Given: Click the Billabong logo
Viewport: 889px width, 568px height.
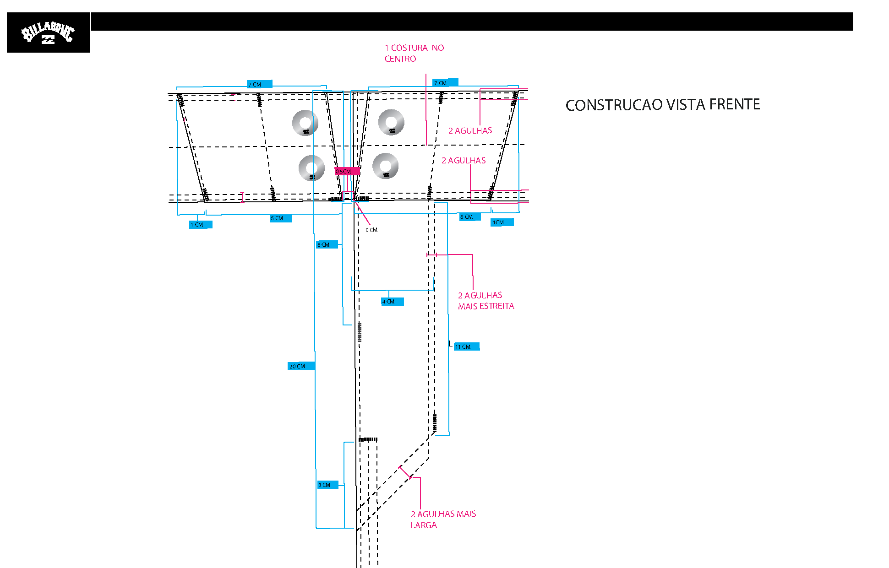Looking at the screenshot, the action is click(48, 32).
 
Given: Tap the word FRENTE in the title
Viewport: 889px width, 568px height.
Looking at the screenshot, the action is click(735, 104).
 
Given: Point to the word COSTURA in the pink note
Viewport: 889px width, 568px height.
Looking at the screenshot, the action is click(409, 48).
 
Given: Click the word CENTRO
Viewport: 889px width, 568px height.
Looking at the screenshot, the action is click(400, 59).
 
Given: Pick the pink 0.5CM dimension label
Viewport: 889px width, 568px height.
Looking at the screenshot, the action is click(347, 172).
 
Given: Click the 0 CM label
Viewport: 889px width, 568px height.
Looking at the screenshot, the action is click(371, 230).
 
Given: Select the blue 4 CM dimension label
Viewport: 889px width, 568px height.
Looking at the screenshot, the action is click(393, 302).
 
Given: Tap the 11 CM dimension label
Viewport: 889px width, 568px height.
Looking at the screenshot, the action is click(467, 347).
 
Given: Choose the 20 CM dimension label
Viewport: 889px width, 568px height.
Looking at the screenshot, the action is click(301, 366).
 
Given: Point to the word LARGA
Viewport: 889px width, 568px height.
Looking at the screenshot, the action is click(424, 525).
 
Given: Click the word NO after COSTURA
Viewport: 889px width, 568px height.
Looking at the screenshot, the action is click(438, 48).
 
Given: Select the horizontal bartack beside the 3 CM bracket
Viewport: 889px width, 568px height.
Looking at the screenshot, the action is click(368, 440).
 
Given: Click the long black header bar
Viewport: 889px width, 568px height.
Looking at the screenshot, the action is click(472, 22).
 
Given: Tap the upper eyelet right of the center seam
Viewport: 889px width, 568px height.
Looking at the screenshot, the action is click(391, 123).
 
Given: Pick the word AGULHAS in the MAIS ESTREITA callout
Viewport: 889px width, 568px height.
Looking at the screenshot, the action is click(483, 295).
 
